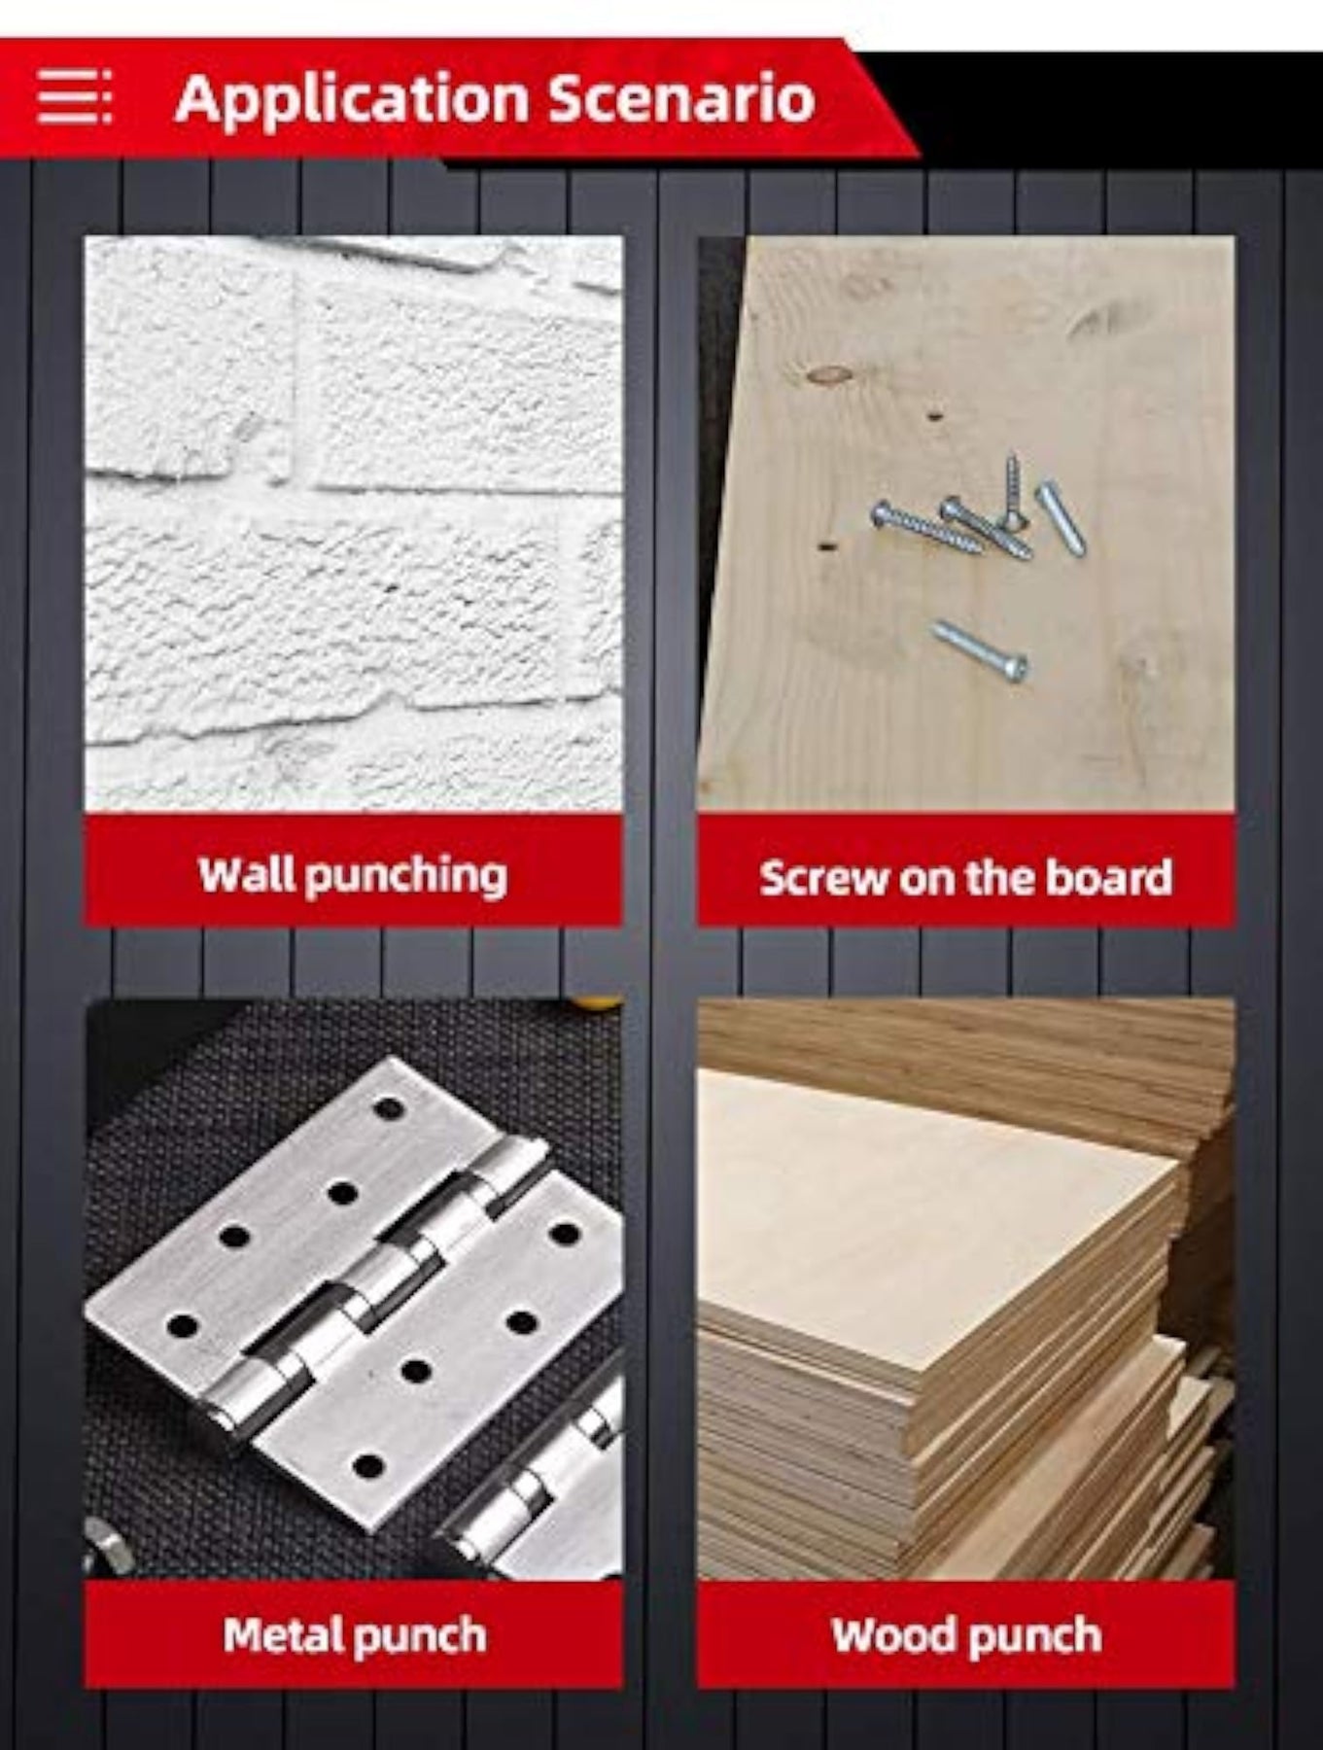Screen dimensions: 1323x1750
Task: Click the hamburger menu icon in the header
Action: pyautogui.click(x=75, y=97)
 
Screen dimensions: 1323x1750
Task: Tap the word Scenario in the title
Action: pyautogui.click(x=681, y=98)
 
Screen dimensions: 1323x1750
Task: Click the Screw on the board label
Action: pyautogui.click(x=966, y=877)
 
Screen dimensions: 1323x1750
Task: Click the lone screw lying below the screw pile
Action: pyautogui.click(x=981, y=651)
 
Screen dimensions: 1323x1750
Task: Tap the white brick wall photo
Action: pyautogui.click(x=353, y=523)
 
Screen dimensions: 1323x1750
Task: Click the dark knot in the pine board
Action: pyautogui.click(x=830, y=374)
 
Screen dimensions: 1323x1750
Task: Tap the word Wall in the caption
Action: pyautogui.click(x=246, y=874)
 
